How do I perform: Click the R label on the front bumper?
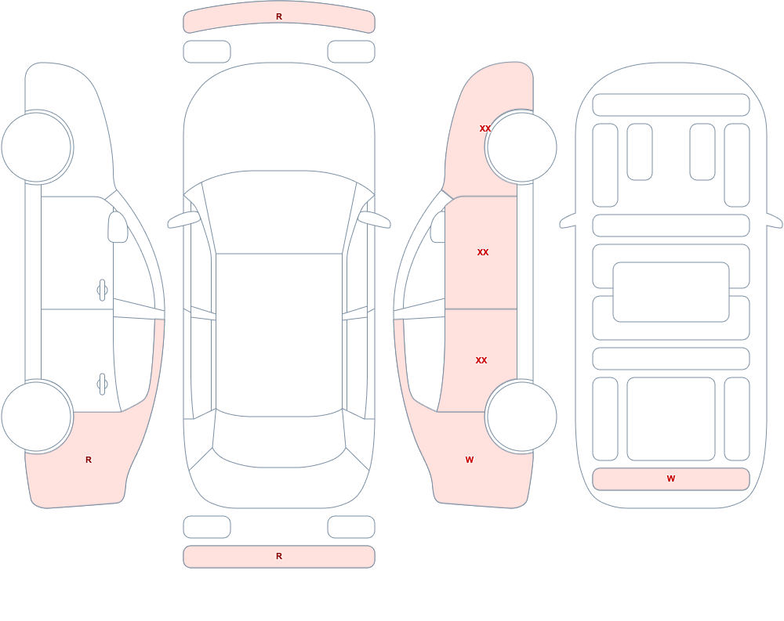[279, 16]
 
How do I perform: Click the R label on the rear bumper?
[279, 556]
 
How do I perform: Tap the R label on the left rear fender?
[89, 460]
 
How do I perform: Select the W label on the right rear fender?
[469, 460]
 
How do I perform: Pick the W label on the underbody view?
[671, 478]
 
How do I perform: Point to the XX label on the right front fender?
[485, 128]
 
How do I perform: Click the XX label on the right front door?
[482, 252]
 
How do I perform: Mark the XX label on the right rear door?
[481, 360]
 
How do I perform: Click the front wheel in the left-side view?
[37, 147]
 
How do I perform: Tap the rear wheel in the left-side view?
[37, 417]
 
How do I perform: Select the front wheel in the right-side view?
[521, 147]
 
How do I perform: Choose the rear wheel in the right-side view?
[521, 417]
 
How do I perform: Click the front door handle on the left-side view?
[102, 290]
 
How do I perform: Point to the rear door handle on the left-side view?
[102, 385]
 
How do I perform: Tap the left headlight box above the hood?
[207, 52]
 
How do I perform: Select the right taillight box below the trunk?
[351, 527]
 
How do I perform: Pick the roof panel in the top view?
[279, 334]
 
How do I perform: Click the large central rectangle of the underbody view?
[671, 292]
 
